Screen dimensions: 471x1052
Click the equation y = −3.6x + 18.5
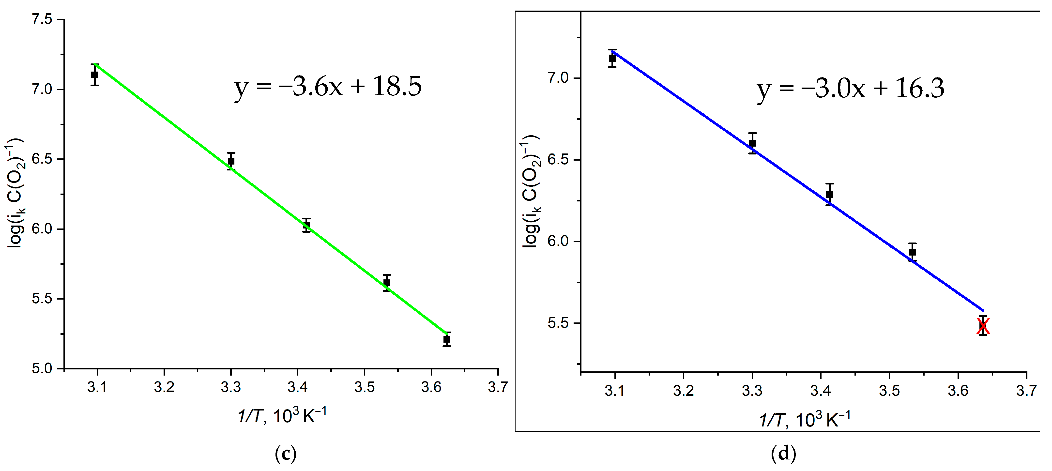pyautogui.click(x=328, y=87)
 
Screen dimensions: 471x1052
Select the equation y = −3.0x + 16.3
pyautogui.click(x=851, y=89)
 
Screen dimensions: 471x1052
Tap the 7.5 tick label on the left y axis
pyautogui.click(x=43, y=20)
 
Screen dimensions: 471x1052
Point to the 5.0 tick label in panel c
pyautogui.click(x=43, y=368)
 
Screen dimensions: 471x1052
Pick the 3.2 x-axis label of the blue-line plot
pyautogui.click(x=683, y=391)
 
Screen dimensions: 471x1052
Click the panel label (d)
pyautogui.click(x=783, y=454)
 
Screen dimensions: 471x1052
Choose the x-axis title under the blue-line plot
pyautogui.click(x=805, y=420)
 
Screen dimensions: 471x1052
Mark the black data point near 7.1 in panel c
pyautogui.click(x=95, y=75)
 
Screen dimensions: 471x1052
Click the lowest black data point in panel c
pyautogui.click(x=447, y=339)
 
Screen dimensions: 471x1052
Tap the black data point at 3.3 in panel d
pyautogui.click(x=752, y=143)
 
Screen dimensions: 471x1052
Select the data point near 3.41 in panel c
pyautogui.click(x=306, y=225)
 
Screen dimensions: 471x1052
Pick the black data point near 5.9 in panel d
pyautogui.click(x=912, y=252)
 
